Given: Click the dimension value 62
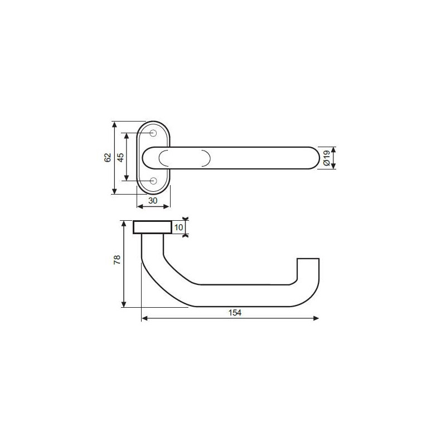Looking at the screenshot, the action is pyautogui.click(x=108, y=158).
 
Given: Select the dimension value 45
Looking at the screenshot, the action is pyautogui.click(x=121, y=157).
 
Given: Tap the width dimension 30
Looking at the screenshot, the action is pyautogui.click(x=153, y=201).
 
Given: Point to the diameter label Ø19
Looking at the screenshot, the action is pyautogui.click(x=327, y=158).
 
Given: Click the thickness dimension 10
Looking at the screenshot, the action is pyautogui.click(x=178, y=227).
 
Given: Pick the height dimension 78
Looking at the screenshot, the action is pyautogui.click(x=117, y=260).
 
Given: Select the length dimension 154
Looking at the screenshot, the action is pyautogui.click(x=235, y=313).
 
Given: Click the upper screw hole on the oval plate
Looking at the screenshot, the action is pyautogui.click(x=153, y=133).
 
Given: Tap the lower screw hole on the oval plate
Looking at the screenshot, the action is pyautogui.click(x=153, y=180).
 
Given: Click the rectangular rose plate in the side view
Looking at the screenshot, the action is pyautogui.click(x=152, y=227).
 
